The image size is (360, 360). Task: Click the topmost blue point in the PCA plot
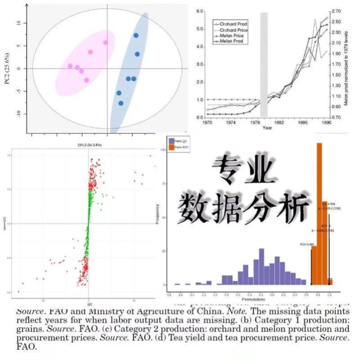tap(136, 35)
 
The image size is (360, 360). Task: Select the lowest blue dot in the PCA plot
tap(121, 103)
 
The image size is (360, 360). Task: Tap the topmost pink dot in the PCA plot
tap(106, 43)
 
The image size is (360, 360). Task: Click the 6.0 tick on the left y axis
tap(200, 11)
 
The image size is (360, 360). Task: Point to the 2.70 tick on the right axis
tap(337, 11)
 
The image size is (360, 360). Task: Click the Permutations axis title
tap(251, 299)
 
